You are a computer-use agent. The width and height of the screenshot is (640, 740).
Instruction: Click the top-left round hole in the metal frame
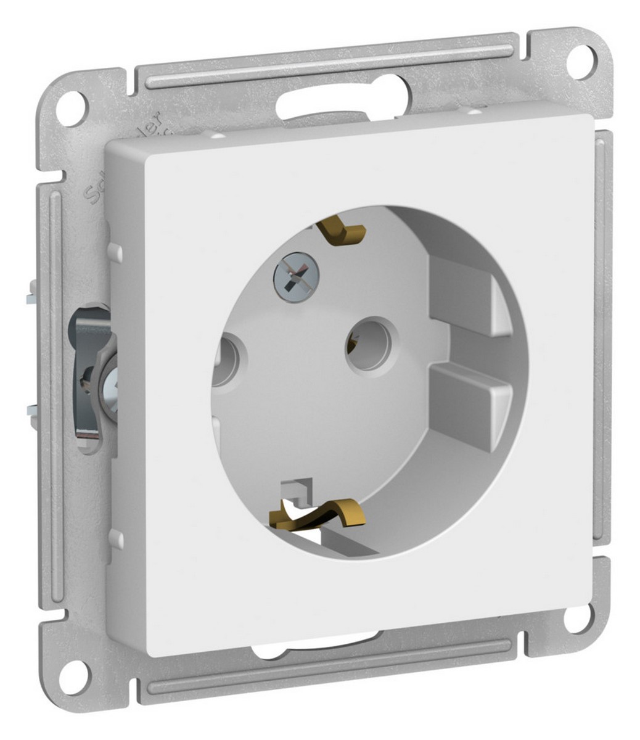click(x=73, y=102)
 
